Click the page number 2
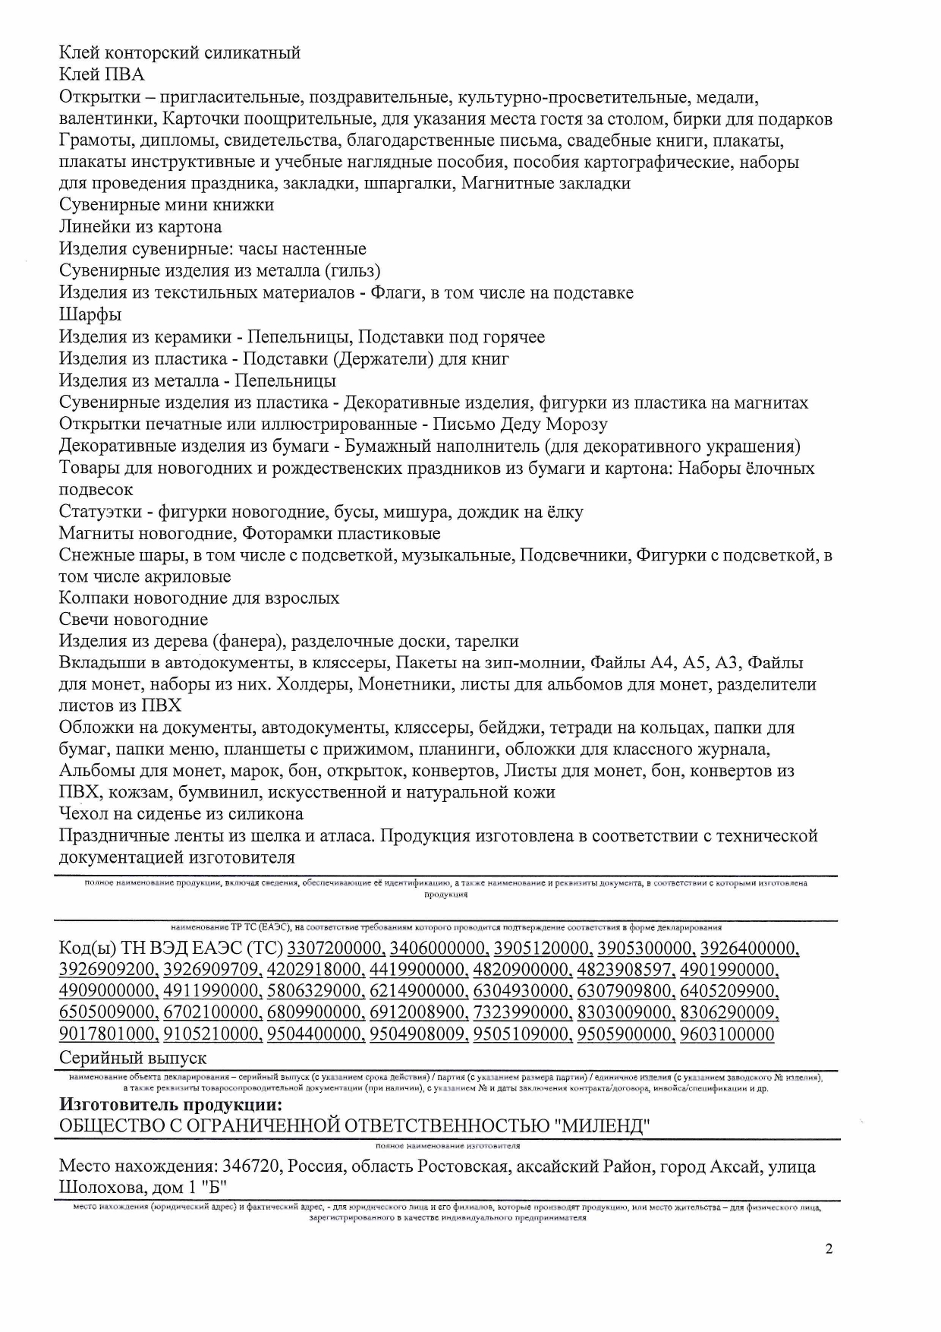(829, 1249)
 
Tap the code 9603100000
(727, 1034)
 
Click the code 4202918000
(316, 970)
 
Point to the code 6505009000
(109, 1012)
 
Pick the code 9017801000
(109, 1034)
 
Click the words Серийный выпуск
(133, 1058)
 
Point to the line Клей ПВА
(102, 74)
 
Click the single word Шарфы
(90, 314)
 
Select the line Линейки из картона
(140, 227)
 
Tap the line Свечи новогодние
(134, 620)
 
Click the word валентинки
(106, 119)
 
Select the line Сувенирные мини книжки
(167, 205)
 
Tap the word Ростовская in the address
(462, 1166)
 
